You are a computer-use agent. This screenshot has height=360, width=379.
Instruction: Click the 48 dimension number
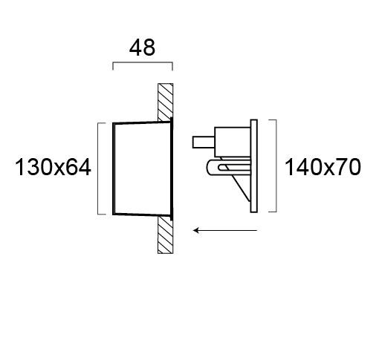click(142, 48)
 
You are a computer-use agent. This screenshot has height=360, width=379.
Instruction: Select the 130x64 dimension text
click(53, 168)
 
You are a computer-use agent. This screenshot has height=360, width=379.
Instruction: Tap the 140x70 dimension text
click(323, 168)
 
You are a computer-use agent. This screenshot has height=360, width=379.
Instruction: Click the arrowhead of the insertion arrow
click(196, 231)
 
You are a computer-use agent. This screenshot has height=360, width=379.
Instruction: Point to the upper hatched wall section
click(166, 102)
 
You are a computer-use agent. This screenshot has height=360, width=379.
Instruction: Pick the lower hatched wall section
click(166, 235)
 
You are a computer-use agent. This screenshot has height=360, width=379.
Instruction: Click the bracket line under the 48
click(143, 62)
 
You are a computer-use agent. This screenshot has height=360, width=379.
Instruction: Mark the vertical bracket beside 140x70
click(276, 166)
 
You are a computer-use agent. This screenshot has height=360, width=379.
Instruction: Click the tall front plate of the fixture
click(254, 166)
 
